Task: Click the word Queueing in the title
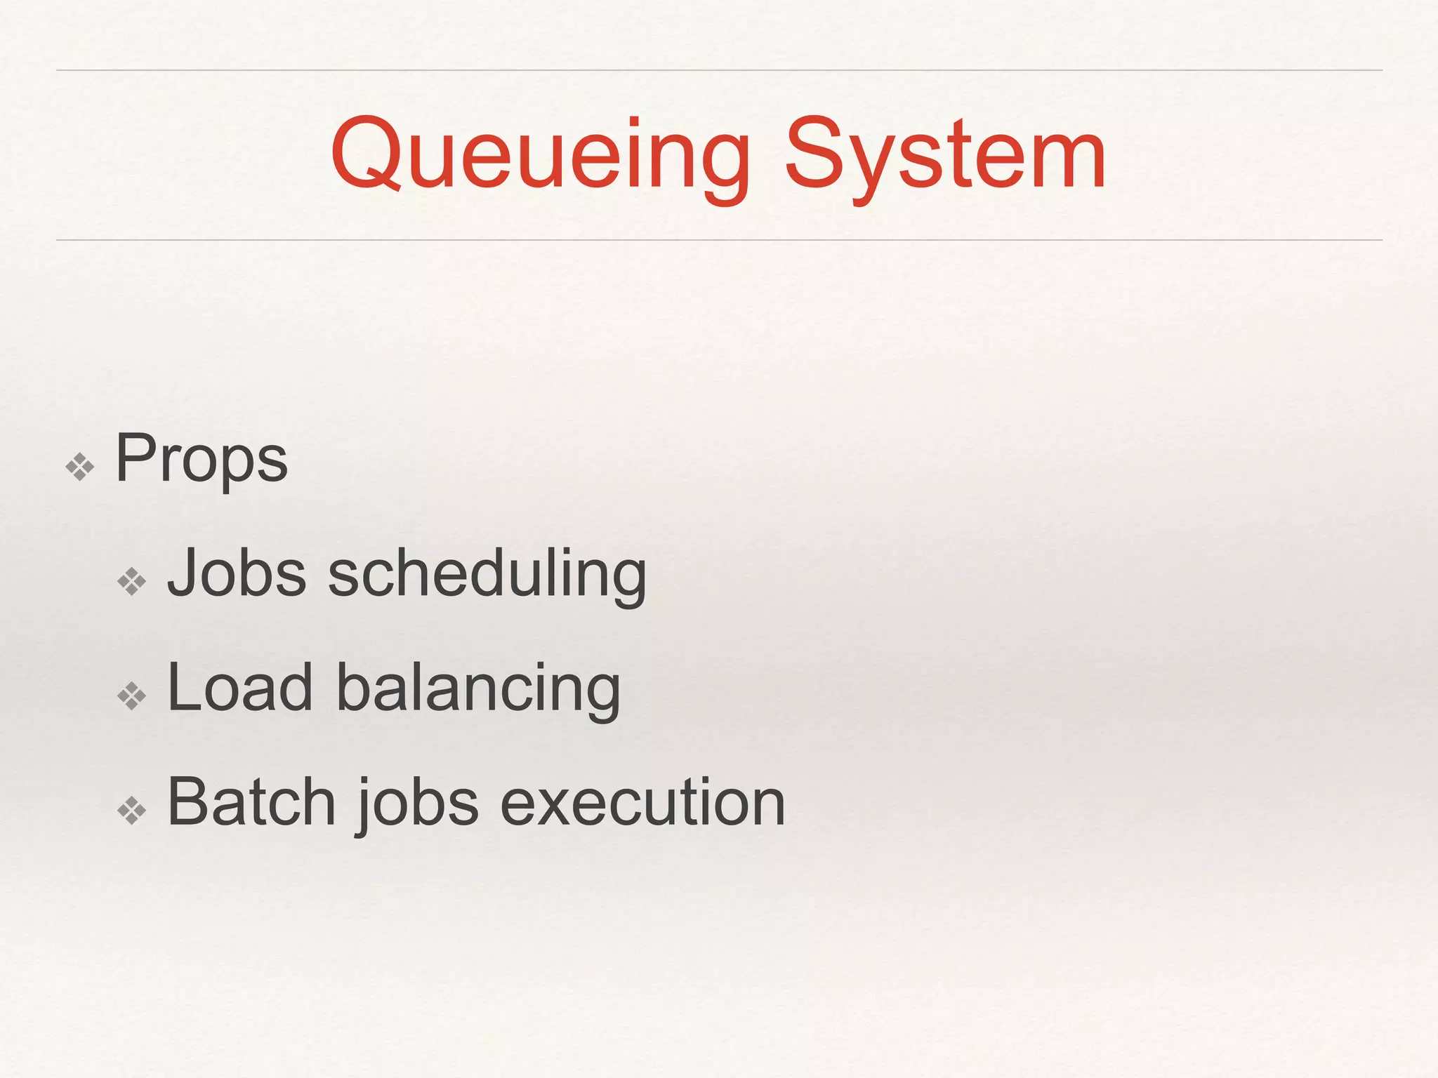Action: point(541,156)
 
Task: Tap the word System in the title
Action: point(945,156)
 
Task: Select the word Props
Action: point(202,460)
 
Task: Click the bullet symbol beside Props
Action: point(79,467)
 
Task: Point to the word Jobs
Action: point(237,574)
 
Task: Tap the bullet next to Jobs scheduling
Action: point(132,582)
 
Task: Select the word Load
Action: point(239,688)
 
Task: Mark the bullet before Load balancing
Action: point(132,696)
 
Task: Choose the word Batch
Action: point(251,803)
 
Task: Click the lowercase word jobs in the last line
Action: point(418,804)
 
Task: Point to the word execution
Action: point(642,803)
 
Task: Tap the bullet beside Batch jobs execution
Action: point(132,811)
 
